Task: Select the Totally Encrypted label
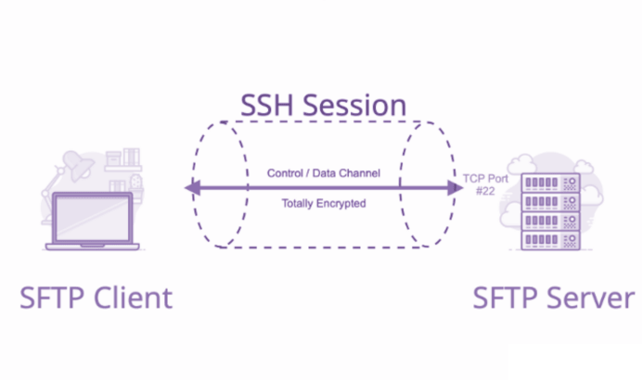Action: click(x=324, y=203)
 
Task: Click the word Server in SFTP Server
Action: click(x=591, y=298)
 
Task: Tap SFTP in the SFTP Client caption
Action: click(x=52, y=298)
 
